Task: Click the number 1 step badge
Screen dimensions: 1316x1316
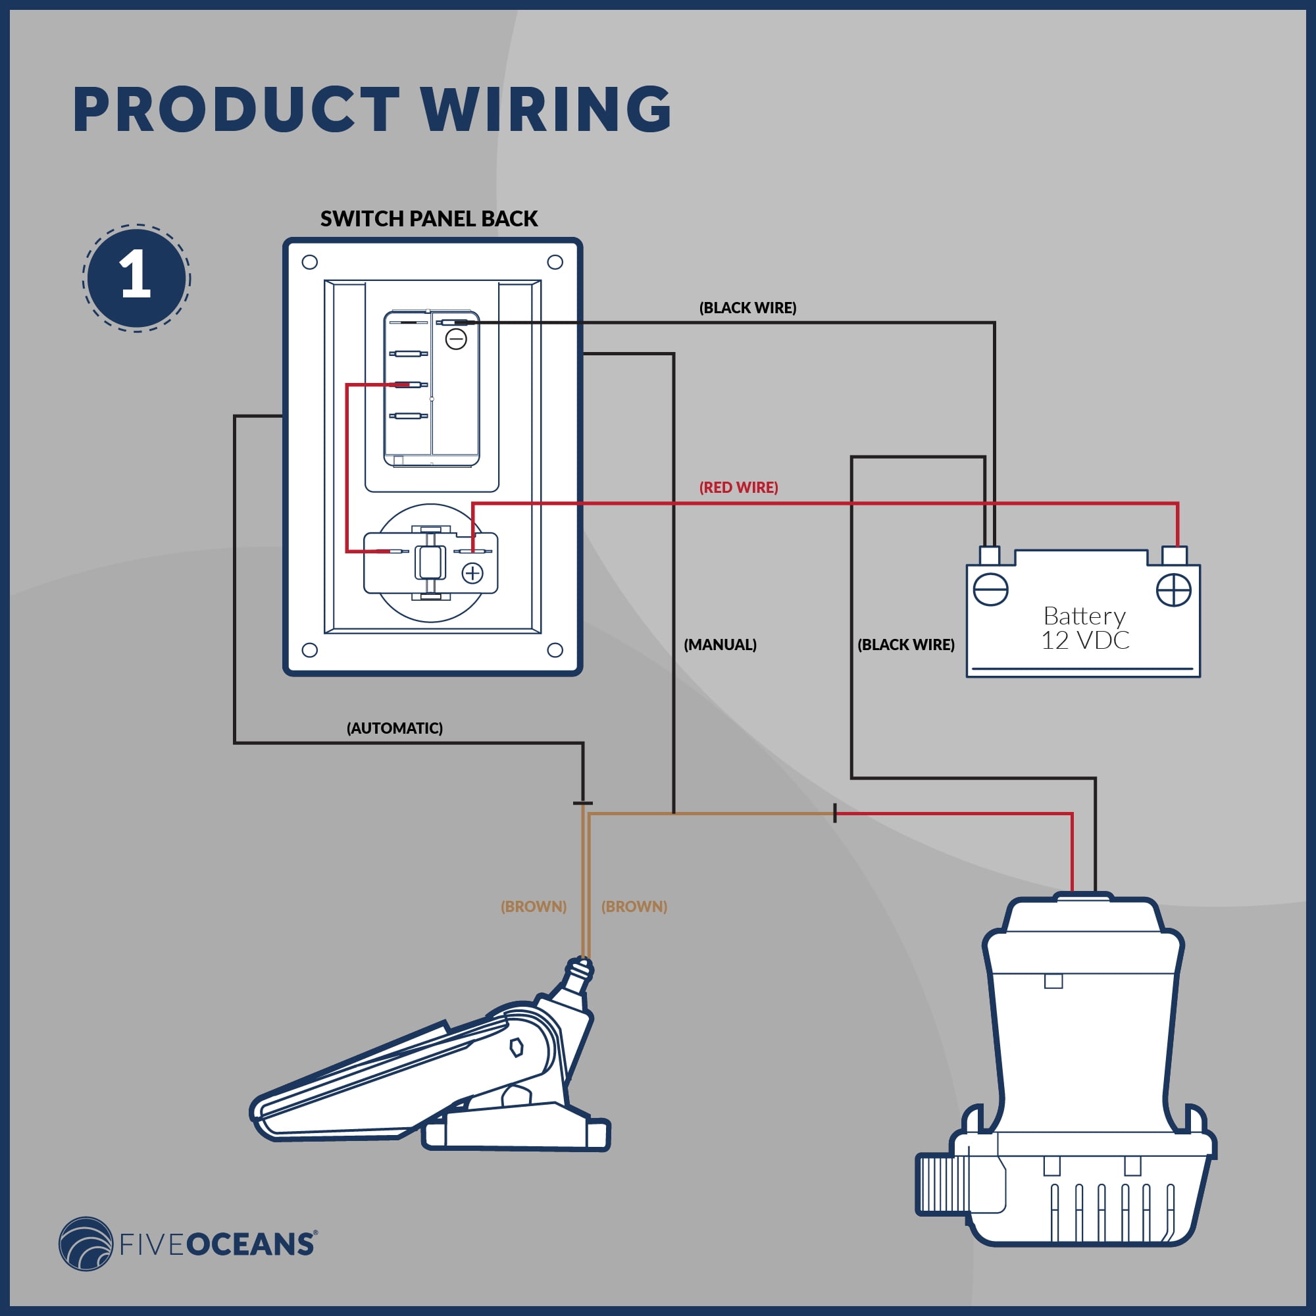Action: (x=136, y=278)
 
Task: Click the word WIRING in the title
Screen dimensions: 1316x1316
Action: (x=546, y=109)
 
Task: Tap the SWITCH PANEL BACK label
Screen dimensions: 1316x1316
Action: (x=429, y=218)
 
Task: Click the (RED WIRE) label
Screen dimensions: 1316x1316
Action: (x=738, y=487)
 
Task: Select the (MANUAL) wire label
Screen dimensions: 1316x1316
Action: (x=720, y=644)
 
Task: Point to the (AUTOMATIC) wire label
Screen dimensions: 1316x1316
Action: (x=394, y=728)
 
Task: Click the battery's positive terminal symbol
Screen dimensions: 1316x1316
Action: (x=1174, y=590)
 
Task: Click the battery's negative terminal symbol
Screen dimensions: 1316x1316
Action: (x=990, y=589)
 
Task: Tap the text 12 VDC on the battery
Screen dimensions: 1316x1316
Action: (x=1085, y=640)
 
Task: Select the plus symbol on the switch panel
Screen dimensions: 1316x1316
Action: (x=472, y=574)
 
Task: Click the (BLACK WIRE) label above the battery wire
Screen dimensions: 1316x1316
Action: (x=748, y=308)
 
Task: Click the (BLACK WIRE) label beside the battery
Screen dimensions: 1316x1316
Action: (x=906, y=644)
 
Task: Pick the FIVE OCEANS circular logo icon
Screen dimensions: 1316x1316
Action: (x=86, y=1244)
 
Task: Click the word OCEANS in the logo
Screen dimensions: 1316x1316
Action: (x=250, y=1244)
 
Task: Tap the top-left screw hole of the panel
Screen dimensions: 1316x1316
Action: (x=309, y=263)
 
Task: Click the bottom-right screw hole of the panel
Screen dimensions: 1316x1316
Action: (x=555, y=651)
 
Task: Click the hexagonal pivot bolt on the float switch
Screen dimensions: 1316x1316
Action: (x=517, y=1047)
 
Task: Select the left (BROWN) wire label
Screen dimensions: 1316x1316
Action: (x=534, y=907)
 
